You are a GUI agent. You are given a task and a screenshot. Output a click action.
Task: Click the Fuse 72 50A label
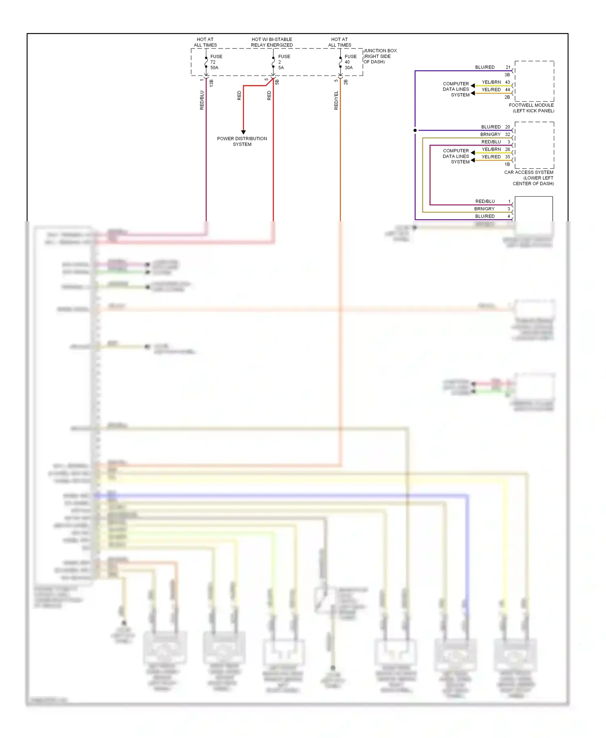(x=216, y=62)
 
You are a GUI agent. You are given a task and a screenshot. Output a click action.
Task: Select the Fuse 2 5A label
(x=284, y=62)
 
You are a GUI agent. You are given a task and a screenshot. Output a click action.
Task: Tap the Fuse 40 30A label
(x=350, y=62)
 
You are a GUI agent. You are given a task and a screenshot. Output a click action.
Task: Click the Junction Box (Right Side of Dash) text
(x=379, y=56)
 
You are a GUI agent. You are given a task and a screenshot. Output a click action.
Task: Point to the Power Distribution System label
(x=242, y=141)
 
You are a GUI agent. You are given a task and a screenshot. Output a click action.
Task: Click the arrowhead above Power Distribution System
(x=243, y=132)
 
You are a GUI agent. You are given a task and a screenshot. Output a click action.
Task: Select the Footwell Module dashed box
(x=534, y=81)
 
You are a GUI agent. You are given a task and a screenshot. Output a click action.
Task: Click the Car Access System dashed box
(x=534, y=145)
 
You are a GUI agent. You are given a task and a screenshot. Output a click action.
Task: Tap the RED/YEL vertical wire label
(x=336, y=100)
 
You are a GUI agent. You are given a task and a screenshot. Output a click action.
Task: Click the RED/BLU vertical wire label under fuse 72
(x=202, y=100)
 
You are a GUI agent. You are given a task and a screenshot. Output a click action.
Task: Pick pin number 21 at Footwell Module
(x=508, y=67)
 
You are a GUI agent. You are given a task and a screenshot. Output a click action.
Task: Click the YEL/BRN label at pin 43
(x=491, y=82)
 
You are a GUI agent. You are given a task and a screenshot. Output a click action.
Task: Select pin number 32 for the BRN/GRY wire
(x=507, y=134)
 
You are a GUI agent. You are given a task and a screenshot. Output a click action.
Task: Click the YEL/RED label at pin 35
(x=491, y=157)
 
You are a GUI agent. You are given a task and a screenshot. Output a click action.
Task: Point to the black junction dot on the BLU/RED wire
(x=415, y=130)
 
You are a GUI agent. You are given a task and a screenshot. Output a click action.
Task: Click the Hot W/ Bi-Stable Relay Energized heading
(x=271, y=42)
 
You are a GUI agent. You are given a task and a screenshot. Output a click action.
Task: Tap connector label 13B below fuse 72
(x=211, y=83)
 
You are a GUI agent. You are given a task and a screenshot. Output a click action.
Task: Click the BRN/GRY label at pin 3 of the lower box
(x=484, y=209)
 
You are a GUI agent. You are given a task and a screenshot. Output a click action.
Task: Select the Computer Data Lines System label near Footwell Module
(x=456, y=89)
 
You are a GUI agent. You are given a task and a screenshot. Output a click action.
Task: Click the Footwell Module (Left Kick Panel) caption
(x=531, y=108)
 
